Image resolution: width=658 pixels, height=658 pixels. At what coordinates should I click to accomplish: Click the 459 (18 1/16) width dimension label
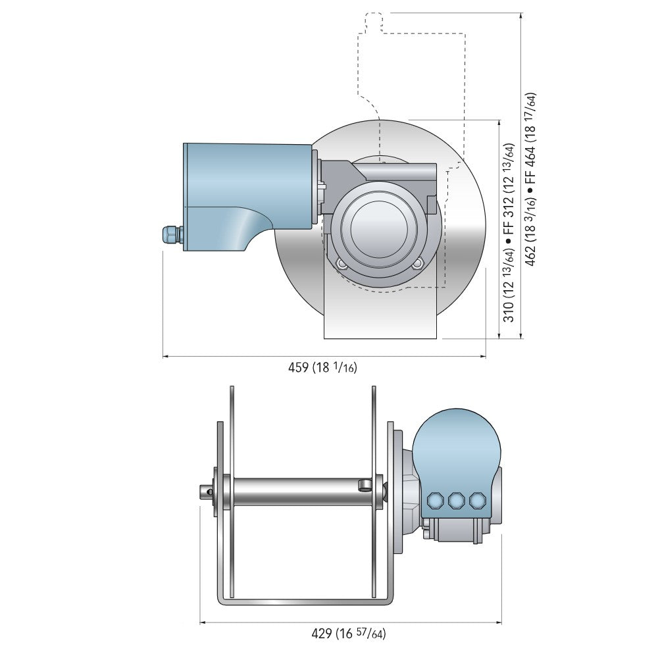click(x=322, y=368)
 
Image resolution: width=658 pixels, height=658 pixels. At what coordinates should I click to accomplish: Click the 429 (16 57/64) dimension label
click(x=348, y=634)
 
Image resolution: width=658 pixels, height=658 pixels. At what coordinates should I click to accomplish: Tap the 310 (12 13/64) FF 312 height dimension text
click(x=509, y=232)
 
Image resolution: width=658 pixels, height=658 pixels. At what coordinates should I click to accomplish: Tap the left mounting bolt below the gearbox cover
click(x=341, y=265)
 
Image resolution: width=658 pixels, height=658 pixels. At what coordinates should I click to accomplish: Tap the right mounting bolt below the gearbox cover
click(x=418, y=265)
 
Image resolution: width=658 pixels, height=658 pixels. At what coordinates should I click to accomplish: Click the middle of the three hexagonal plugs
click(x=455, y=501)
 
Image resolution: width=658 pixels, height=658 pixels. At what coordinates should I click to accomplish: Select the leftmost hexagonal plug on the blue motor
click(x=434, y=501)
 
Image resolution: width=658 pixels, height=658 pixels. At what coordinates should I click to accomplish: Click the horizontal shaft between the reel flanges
click(x=296, y=492)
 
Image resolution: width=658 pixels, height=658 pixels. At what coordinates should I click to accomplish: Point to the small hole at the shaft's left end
click(x=208, y=491)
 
